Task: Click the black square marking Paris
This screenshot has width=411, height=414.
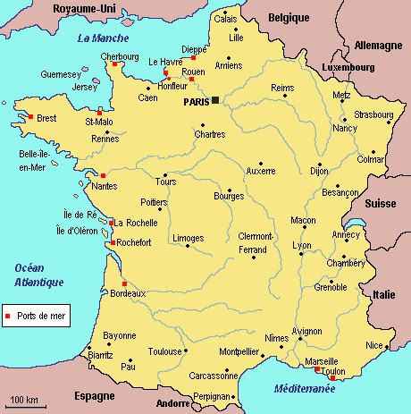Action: coord(214,101)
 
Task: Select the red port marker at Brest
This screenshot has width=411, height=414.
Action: coord(31,116)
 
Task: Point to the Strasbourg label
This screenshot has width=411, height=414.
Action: coord(373,115)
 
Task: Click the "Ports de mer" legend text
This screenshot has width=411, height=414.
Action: coord(41,316)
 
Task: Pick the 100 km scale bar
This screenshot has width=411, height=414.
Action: coord(23,404)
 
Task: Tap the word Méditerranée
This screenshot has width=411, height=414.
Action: coord(306,389)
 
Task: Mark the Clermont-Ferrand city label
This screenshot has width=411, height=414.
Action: coord(256,241)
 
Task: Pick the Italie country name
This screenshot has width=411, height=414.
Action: coord(384,293)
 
